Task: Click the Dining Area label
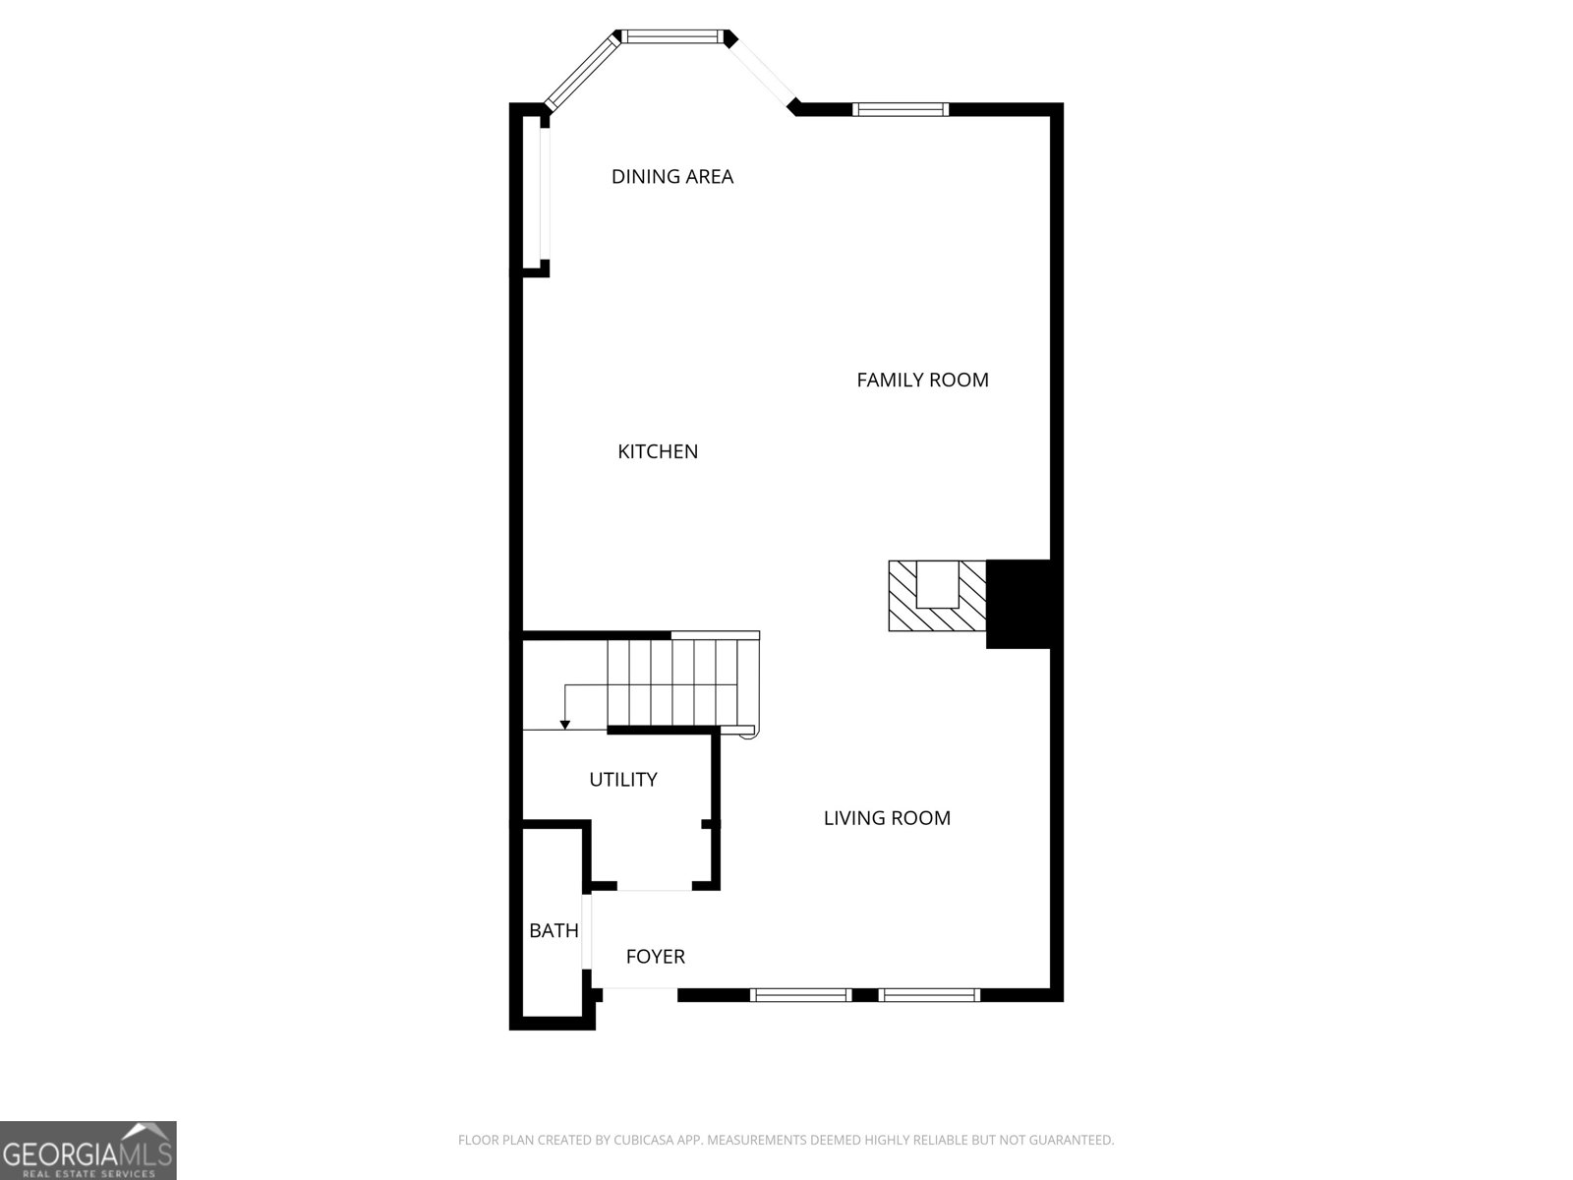tap(672, 177)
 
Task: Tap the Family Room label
tap(922, 380)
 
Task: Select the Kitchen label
tap(658, 451)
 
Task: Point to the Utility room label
tap(623, 780)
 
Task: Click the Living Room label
tap(887, 818)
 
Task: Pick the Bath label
tap(553, 930)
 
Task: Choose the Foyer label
tap(656, 956)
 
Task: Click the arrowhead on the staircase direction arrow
tap(565, 725)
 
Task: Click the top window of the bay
tap(673, 37)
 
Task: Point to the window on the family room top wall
tap(901, 109)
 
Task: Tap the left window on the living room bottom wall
tap(800, 995)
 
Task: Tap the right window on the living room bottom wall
tap(929, 995)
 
